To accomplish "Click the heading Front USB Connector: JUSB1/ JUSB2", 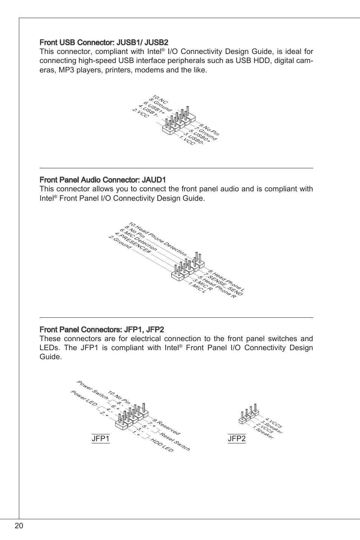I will point(104,42).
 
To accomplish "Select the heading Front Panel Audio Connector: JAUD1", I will point(103,180).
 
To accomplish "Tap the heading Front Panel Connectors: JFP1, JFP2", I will point(102,329).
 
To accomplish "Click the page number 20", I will point(19,526).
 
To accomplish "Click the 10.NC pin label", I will point(160,100).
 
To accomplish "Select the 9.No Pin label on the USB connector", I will point(209,130).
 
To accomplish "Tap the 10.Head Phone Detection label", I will point(157,239).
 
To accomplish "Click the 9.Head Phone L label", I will point(226,281).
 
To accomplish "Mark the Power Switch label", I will point(92,390).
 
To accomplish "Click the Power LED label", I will point(84,398).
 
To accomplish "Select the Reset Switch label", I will point(175,441).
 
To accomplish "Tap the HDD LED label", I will point(162,445).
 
